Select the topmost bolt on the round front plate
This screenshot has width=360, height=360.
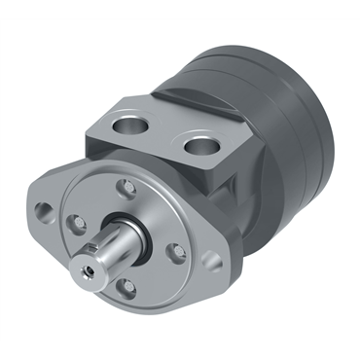(x=124, y=186)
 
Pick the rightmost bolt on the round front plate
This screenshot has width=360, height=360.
(x=176, y=252)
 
